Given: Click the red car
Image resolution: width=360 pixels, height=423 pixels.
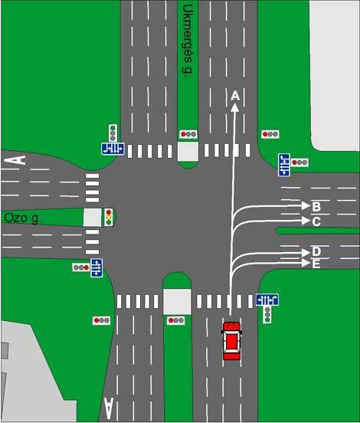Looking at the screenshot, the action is tap(231, 341).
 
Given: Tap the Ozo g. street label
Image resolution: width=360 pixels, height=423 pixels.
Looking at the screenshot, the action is tap(23, 218).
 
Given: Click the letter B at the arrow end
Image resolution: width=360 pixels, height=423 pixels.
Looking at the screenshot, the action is tap(316, 206).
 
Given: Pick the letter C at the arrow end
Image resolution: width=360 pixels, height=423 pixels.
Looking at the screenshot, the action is tap(316, 221).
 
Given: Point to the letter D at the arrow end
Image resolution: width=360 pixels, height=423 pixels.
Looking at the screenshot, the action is tap(316, 251).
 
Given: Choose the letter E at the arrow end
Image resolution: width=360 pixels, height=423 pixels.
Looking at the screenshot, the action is tap(316, 264).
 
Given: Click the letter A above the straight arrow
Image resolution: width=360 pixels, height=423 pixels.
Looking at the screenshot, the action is tap(235, 96).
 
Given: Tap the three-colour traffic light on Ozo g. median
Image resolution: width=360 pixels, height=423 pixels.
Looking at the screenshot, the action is tap(109, 217).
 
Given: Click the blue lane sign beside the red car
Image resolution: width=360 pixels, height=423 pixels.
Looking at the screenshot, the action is tap(267, 300).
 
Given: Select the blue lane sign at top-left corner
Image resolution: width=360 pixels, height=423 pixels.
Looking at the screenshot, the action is tap(113, 149).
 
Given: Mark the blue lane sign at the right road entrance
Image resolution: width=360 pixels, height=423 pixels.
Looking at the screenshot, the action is tap(284, 165).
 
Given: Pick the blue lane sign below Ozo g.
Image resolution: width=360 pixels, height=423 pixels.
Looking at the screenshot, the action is tap(97, 267).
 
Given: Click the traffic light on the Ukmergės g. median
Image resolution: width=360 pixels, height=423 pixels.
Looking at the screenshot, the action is tap(188, 134).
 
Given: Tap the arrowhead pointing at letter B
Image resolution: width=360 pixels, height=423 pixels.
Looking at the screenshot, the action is tap(306, 205).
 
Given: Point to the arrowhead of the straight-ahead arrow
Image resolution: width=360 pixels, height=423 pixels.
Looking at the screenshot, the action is tap(235, 107).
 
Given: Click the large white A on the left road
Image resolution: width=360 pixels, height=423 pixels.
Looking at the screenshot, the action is tap(15, 160).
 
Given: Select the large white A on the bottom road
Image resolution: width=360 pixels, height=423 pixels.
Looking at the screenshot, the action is tap(109, 408).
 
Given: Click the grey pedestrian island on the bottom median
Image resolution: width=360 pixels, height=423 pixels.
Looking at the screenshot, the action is tap(177, 302).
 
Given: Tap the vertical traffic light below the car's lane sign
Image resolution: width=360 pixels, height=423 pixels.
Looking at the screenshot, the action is tap(267, 314).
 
